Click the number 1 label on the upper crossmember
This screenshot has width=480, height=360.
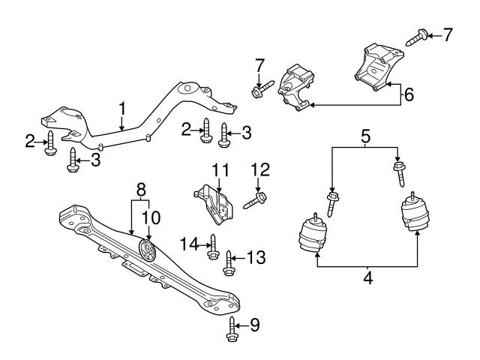pos(121,110)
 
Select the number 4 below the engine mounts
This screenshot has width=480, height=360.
pos(367,278)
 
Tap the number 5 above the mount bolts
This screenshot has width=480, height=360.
pos(365,136)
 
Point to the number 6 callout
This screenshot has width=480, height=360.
pos(409,95)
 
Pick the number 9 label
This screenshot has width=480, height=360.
pos(254,325)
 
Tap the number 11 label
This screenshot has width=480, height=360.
pos(218,172)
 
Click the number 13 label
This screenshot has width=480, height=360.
pos(256,258)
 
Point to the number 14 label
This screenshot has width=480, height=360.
pos(188,241)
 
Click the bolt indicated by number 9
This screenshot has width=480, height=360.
pos(232,330)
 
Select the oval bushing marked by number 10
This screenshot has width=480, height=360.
pos(147,250)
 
